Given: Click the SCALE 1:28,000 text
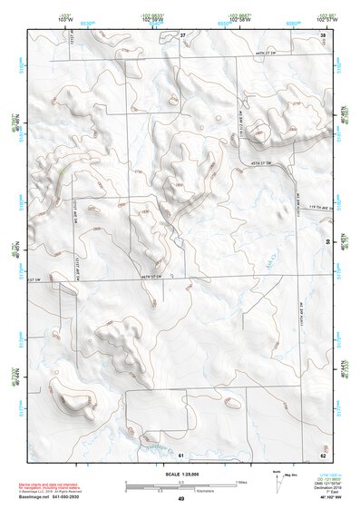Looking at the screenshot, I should pyautogui.click(x=180, y=474).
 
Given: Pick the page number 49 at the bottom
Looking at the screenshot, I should pyautogui.click(x=180, y=499).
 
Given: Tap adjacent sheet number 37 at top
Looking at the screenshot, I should pyautogui.click(x=182, y=34).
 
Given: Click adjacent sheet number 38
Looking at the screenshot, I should pyautogui.click(x=323, y=34).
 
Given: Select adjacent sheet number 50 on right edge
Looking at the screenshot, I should pyautogui.click(x=327, y=241).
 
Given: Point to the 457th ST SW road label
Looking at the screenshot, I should pyautogui.click(x=262, y=162).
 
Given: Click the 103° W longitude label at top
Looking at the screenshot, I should pyautogui.click(x=64, y=19).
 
